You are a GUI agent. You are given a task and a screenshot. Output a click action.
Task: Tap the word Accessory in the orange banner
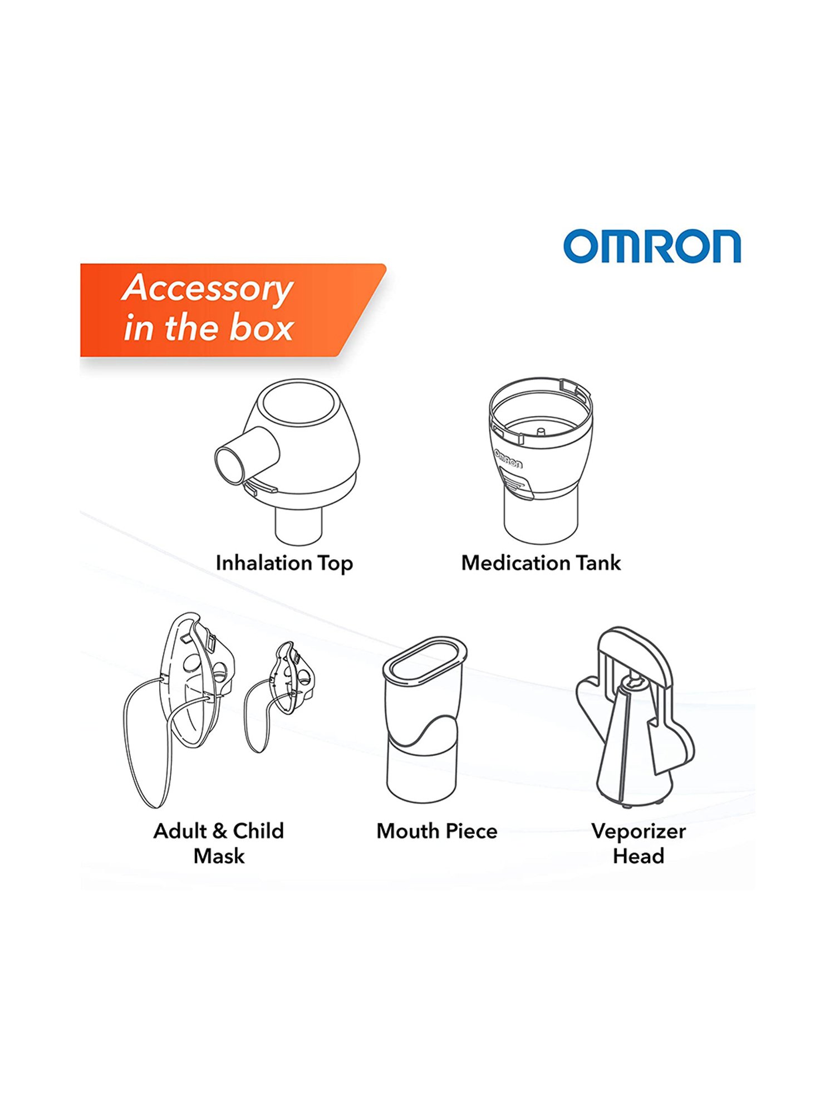[207, 289]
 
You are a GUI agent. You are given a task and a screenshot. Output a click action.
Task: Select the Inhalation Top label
[284, 563]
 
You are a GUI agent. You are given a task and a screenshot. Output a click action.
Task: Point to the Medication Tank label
[541, 563]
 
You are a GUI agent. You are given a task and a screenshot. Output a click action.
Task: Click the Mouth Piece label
[437, 831]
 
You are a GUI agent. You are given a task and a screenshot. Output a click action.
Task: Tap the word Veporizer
[638, 831]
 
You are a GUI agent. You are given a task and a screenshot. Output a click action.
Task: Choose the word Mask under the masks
[219, 856]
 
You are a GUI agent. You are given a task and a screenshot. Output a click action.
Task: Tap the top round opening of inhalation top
[299, 402]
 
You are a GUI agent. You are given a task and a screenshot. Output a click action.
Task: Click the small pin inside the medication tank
[539, 432]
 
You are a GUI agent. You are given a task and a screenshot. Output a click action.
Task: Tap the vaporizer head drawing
[635, 719]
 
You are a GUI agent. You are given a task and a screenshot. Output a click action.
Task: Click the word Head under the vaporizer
[638, 856]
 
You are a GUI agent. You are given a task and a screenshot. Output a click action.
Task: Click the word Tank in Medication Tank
[598, 563]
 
